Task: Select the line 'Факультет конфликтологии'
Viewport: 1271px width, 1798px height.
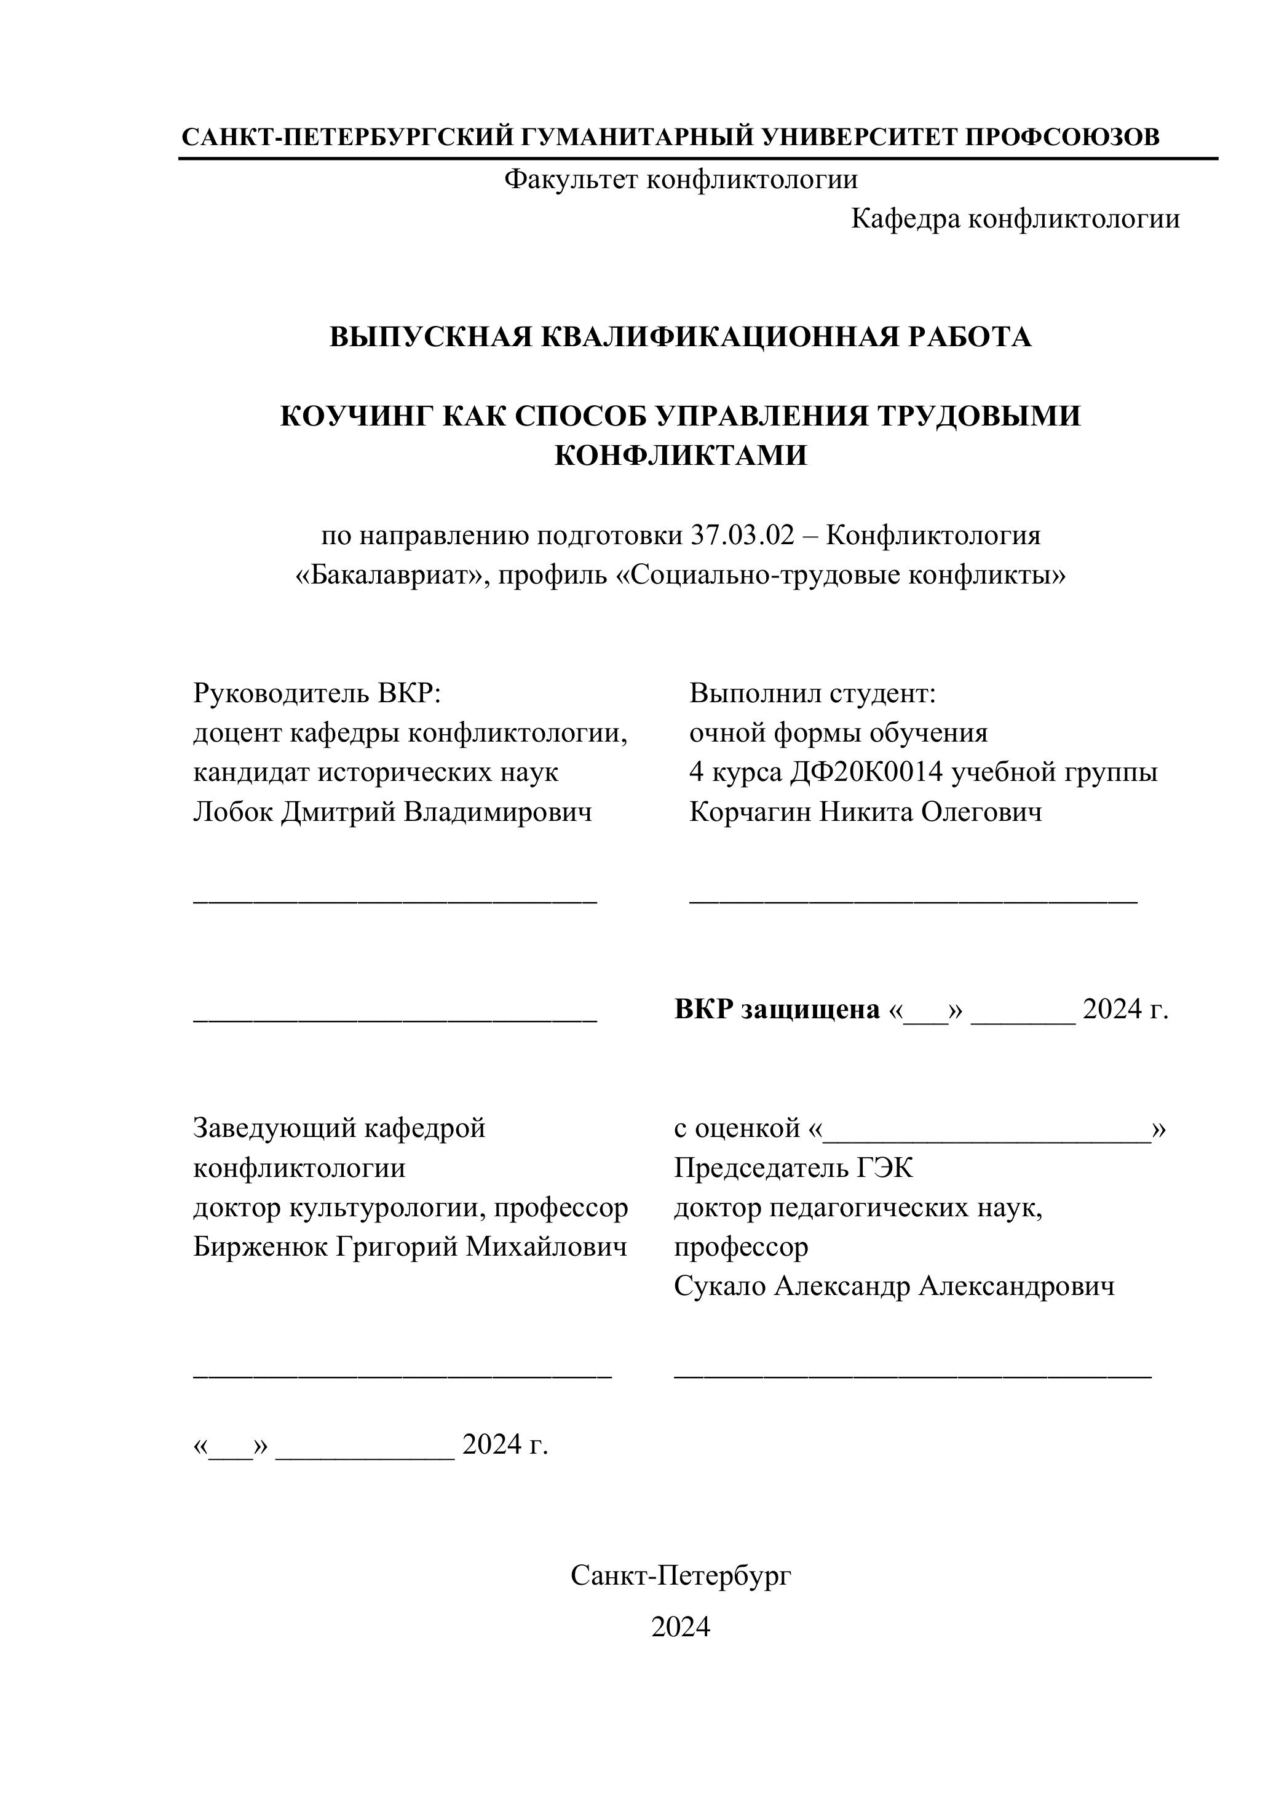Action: [681, 180]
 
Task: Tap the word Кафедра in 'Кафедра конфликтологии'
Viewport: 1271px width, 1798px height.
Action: [905, 218]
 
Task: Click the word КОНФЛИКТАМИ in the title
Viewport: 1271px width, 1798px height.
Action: [681, 455]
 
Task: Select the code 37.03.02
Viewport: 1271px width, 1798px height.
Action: [742, 536]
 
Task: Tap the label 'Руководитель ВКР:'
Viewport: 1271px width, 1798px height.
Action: [318, 693]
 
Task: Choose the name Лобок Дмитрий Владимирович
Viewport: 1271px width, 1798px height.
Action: [392, 812]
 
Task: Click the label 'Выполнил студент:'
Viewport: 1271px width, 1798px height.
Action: [813, 693]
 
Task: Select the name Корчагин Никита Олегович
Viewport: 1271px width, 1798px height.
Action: [865, 812]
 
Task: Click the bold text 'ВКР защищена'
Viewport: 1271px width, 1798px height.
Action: [777, 1010]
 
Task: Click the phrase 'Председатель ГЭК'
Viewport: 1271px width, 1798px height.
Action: [793, 1168]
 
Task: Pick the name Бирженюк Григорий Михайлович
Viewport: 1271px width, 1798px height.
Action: [410, 1246]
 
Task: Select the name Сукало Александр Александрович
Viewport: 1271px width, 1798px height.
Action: [893, 1286]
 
